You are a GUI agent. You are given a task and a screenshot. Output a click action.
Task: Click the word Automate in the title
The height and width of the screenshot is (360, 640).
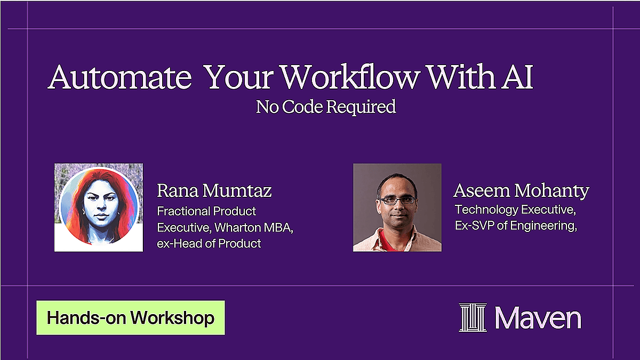point(119,77)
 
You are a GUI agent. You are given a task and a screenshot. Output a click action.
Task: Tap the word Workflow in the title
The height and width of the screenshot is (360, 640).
point(349,76)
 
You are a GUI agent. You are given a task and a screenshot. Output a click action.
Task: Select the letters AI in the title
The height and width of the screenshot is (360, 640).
point(517,77)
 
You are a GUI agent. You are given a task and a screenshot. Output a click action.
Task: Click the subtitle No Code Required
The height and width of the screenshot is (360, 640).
point(326,107)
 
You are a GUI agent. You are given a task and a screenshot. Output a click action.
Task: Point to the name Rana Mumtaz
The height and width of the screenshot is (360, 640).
point(214,190)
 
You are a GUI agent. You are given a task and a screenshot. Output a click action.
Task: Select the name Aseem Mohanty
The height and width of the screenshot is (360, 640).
point(522,190)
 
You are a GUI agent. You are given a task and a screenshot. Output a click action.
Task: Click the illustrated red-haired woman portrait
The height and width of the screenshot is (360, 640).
point(99,207)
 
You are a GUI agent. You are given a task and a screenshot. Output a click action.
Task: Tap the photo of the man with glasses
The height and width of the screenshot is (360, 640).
point(397,207)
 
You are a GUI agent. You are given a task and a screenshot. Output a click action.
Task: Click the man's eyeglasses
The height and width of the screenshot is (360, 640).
point(398,200)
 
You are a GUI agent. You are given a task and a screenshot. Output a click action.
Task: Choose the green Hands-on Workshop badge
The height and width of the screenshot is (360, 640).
point(131,317)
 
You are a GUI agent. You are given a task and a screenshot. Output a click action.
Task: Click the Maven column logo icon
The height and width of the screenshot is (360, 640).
point(473,317)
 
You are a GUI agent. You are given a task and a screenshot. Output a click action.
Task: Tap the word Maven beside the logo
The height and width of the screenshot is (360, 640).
point(538,318)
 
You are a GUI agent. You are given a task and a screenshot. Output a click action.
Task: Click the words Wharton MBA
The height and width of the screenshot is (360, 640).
point(254,228)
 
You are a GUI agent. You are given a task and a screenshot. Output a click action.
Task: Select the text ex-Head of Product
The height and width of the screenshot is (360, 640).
point(209,244)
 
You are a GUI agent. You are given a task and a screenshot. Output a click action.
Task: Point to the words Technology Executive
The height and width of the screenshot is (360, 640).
point(515,210)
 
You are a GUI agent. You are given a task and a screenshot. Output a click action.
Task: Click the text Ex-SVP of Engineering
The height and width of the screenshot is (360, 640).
point(516,226)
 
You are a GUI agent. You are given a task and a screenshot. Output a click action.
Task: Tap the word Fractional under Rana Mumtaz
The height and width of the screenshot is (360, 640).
point(183,211)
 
